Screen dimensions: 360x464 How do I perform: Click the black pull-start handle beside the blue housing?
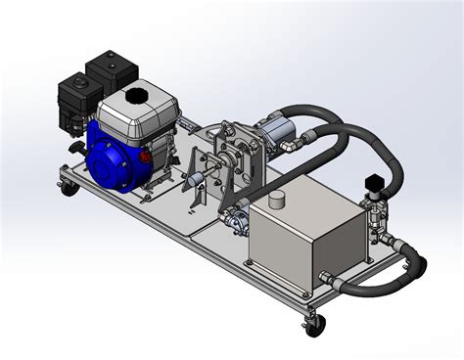click(x=74, y=148)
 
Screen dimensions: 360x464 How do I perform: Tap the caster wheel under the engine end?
click(x=67, y=189)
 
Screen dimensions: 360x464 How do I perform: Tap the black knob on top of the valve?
click(x=373, y=183)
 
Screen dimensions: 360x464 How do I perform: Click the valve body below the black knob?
click(x=374, y=211)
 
